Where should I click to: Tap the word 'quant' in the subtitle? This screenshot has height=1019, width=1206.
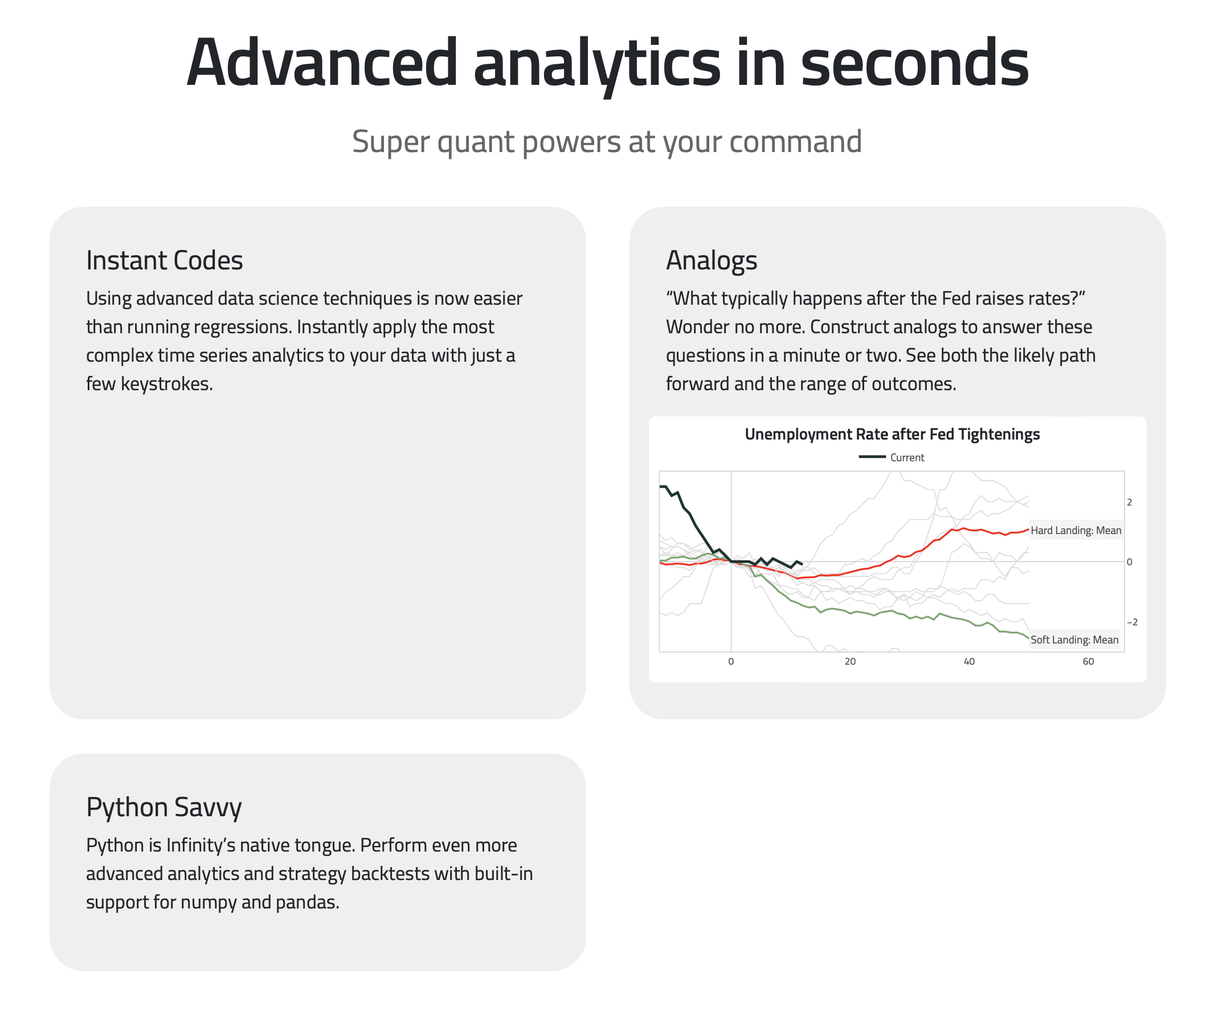click(x=475, y=142)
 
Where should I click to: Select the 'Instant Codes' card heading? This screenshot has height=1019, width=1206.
click(x=165, y=260)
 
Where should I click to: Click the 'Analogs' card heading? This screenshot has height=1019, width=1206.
click(x=711, y=260)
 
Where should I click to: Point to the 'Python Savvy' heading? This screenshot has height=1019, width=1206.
click(x=164, y=807)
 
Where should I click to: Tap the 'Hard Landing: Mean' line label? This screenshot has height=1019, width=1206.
click(x=1076, y=530)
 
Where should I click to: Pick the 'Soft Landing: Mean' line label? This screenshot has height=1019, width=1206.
click(x=1074, y=640)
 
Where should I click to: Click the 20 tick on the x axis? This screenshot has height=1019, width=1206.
click(x=849, y=661)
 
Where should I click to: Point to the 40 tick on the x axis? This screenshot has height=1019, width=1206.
click(x=968, y=661)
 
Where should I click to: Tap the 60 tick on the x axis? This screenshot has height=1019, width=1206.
click(x=1088, y=661)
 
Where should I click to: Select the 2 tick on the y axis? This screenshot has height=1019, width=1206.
click(x=1129, y=502)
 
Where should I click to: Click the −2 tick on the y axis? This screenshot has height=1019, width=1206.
click(x=1132, y=622)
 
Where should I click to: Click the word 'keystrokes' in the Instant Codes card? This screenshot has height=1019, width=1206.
click(x=166, y=384)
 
